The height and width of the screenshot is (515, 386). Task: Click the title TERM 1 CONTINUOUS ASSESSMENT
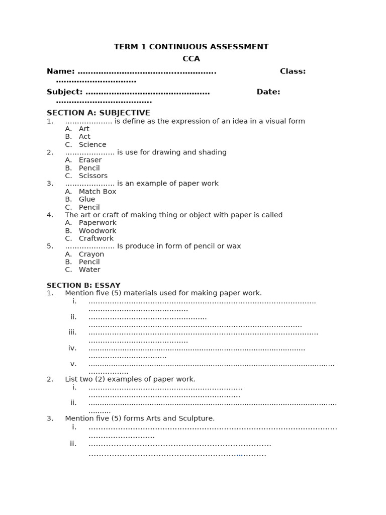pos(191,47)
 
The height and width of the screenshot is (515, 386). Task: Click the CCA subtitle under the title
pos(191,59)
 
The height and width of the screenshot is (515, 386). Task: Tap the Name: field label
pos(60,71)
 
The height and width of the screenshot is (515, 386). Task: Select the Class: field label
pos(293,71)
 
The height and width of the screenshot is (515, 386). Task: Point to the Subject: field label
pos(64,92)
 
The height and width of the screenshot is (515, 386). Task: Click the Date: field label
pos(268,92)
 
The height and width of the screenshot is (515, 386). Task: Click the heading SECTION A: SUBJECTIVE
pos(98,113)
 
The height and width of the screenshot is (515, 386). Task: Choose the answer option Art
pos(84,129)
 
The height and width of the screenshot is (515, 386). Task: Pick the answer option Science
pos(92,144)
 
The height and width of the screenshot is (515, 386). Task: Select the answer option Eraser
pos(90,160)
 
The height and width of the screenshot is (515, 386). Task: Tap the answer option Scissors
pos(93,176)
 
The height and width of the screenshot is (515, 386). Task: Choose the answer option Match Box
pos(97,192)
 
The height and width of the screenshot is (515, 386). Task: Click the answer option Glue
pos(87,199)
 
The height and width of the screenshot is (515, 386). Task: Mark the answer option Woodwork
pos(97,231)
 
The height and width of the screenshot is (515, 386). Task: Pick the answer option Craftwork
pos(96,238)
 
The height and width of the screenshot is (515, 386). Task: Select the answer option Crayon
pos(91,254)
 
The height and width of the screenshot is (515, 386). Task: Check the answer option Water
pos(89,270)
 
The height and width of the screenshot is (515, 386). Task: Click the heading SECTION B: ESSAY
pos(83,285)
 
